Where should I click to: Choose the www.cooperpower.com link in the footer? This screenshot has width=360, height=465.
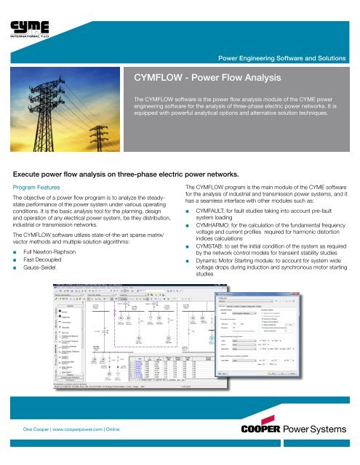point(73,450)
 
